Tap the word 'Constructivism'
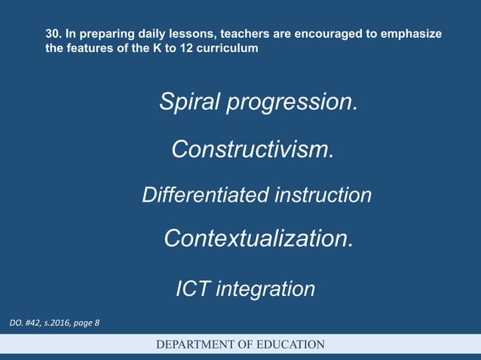251,149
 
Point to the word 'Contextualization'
257,239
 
